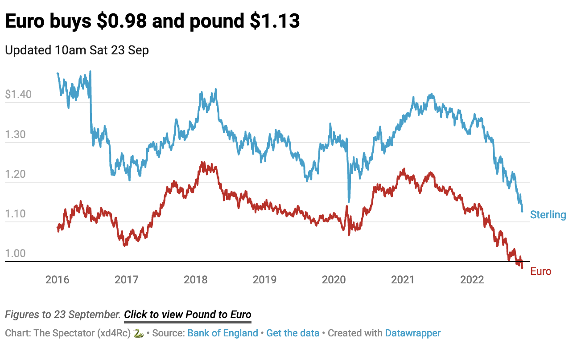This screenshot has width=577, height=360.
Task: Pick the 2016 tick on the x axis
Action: [x=58, y=280]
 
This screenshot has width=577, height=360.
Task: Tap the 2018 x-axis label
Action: [x=195, y=280]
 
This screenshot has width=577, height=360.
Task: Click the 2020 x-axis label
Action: [x=334, y=280]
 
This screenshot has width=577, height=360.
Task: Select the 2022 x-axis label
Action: [x=472, y=280]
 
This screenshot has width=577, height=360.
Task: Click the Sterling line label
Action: [x=548, y=215]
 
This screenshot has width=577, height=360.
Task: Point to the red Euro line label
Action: [x=541, y=272]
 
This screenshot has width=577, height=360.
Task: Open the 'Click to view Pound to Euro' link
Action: [x=188, y=315]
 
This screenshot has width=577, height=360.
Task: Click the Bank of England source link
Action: [x=223, y=333]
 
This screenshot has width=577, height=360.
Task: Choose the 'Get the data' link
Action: [x=293, y=333]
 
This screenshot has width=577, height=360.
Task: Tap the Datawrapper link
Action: [x=413, y=333]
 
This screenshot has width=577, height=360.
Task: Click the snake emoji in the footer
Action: [x=139, y=333]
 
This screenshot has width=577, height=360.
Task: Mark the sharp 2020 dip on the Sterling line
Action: [x=349, y=200]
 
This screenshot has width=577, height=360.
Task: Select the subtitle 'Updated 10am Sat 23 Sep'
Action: [x=77, y=50]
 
